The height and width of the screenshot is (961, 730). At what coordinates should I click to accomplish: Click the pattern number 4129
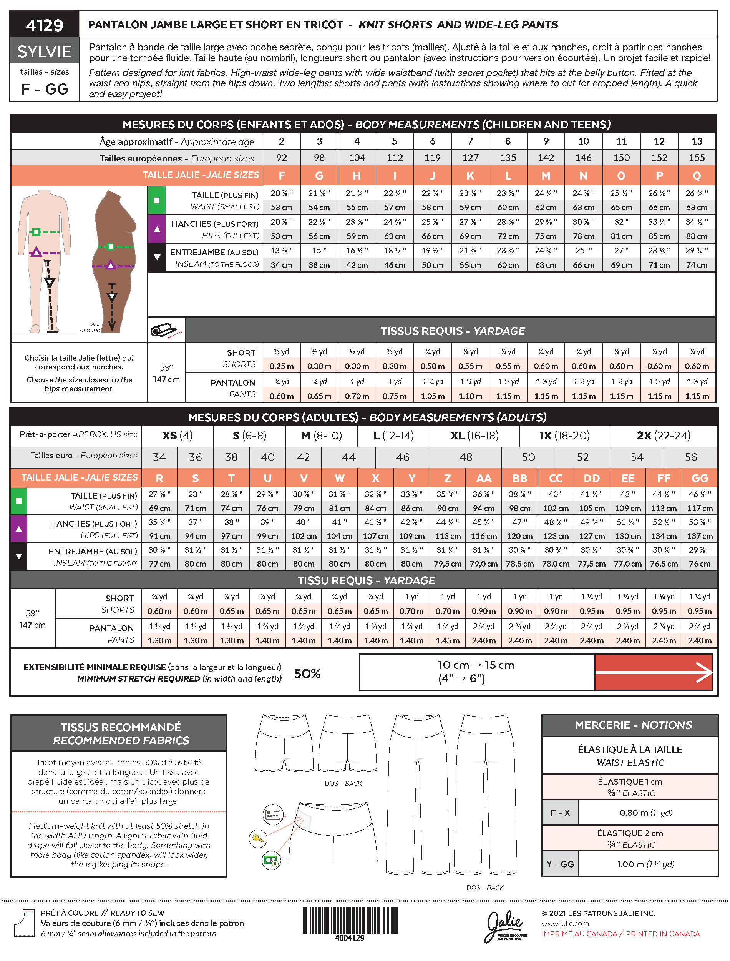point(44,25)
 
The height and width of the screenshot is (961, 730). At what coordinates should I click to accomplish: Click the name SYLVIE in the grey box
point(44,52)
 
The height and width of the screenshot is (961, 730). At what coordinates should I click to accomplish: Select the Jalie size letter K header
point(470,176)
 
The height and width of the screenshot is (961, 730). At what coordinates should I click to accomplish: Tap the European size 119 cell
point(432,158)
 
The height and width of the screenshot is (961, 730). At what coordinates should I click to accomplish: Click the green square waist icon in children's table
point(157,200)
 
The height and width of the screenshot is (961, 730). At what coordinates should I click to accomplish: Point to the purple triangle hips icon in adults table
point(19,529)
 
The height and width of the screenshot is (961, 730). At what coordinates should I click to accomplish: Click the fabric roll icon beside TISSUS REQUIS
point(166,331)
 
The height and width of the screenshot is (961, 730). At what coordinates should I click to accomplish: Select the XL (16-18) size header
point(474,436)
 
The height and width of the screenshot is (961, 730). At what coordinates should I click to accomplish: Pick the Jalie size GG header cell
point(699,478)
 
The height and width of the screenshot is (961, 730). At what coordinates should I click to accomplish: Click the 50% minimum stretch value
point(307,674)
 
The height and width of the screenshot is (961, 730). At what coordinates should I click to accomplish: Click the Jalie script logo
point(505,924)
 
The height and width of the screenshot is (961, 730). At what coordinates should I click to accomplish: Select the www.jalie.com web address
point(565,924)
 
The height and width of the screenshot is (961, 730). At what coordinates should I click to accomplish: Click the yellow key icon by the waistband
point(258,838)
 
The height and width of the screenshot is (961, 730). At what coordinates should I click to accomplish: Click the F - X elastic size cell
point(560,813)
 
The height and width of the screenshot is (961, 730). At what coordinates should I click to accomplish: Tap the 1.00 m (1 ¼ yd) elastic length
point(646,864)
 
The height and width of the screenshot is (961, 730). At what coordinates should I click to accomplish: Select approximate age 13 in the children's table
point(697,141)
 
